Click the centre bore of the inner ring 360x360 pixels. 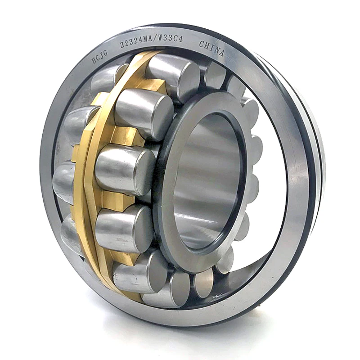click(x=207, y=180)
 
